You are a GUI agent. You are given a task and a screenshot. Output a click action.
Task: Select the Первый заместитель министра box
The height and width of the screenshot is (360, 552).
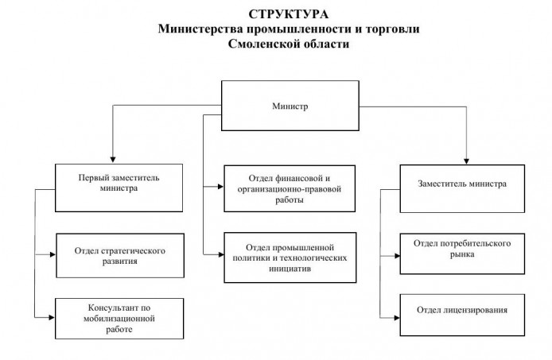(118, 184)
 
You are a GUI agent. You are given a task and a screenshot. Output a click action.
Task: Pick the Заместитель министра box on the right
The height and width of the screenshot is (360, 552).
(461, 188)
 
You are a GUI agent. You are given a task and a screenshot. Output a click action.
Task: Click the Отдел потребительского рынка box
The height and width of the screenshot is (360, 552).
(461, 248)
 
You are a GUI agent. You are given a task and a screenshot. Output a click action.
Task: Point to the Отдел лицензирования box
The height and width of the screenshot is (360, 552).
(461, 308)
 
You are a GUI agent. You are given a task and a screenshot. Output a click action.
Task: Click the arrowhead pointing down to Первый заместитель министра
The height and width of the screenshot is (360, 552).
(113, 158)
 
